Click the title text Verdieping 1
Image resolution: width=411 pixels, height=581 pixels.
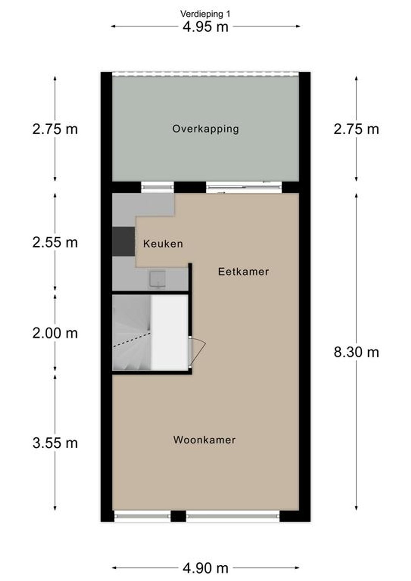(x=205, y=14)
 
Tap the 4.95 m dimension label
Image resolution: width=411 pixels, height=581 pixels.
(x=205, y=27)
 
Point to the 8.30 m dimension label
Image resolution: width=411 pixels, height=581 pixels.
(x=356, y=352)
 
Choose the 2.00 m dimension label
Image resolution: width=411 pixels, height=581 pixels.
(x=55, y=333)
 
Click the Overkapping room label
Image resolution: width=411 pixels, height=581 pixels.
(x=205, y=129)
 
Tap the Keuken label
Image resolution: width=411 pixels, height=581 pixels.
(x=163, y=244)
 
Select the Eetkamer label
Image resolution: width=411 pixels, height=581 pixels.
(x=243, y=272)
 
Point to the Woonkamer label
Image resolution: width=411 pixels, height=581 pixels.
(x=204, y=440)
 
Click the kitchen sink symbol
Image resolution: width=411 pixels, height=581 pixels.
(x=157, y=279)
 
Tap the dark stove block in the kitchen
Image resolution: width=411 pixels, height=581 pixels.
(x=124, y=241)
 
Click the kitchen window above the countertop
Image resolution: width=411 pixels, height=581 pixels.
(x=157, y=187)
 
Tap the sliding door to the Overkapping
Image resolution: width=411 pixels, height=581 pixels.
(x=244, y=187)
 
